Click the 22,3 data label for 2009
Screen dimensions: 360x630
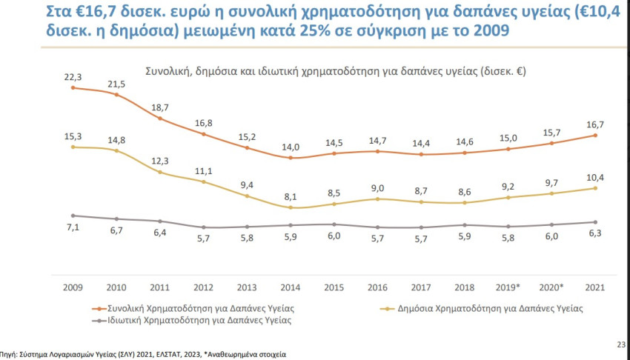[73, 76]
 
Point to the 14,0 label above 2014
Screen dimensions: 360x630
[291, 146]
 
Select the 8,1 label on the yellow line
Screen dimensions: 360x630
[291, 196]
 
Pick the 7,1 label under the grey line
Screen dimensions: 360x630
[73, 228]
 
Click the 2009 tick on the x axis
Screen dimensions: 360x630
[73, 286]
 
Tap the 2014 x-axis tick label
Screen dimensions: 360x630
[291, 286]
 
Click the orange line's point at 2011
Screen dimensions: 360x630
[160, 119]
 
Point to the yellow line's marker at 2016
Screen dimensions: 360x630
[379, 199]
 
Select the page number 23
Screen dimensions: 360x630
[620, 344]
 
